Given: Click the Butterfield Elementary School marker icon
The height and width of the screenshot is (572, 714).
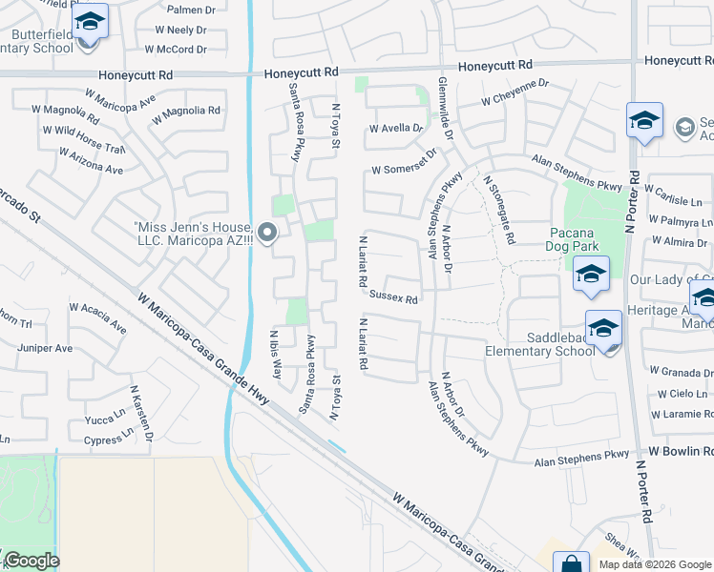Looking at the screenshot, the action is point(91,22).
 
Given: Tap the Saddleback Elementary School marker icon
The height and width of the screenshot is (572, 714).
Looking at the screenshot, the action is point(603,330).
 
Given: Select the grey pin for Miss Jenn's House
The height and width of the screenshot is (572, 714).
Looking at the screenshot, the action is point(267,232).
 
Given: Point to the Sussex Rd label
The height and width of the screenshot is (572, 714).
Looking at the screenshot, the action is point(394,299).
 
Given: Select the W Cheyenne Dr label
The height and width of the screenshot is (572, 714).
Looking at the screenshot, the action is point(514,98).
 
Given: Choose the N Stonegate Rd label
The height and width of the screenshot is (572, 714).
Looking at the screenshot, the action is point(500,208).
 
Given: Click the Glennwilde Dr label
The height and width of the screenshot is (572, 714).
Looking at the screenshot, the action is point(445,109).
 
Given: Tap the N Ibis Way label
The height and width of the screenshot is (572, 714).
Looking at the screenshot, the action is point(276,354).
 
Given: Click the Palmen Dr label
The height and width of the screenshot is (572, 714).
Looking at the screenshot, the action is point(187,10).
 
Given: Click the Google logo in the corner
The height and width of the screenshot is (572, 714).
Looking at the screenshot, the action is point(31,561).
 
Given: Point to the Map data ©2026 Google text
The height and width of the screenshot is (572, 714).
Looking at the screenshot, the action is point(654,564).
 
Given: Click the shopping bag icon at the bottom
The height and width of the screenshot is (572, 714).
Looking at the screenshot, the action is point(571,562).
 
